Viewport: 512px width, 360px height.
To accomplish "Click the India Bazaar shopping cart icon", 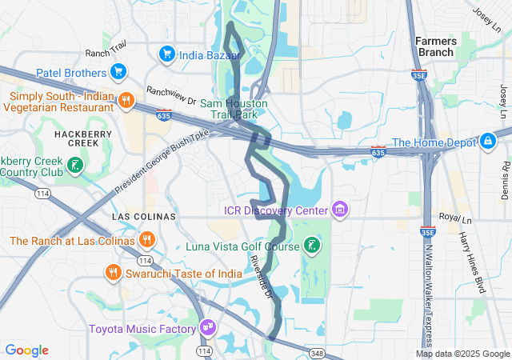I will (x=167, y=54).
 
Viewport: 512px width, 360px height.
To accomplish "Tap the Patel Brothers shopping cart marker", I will (x=118, y=72).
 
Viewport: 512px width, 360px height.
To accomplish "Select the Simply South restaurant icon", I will (x=126, y=100).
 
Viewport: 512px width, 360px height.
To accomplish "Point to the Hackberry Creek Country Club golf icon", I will (x=74, y=166).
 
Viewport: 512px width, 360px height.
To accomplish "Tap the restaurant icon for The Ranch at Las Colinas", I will (x=146, y=239).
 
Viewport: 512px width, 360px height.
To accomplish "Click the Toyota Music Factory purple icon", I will (x=208, y=327).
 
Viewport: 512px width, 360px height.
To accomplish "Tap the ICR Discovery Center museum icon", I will (x=341, y=210).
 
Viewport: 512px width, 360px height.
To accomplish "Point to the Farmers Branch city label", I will (x=436, y=46).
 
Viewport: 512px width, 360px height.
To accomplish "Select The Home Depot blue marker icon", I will (x=487, y=142).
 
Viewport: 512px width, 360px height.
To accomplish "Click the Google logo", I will (x=27, y=350).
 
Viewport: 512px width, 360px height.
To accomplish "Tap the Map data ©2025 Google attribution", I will (x=462, y=354).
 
